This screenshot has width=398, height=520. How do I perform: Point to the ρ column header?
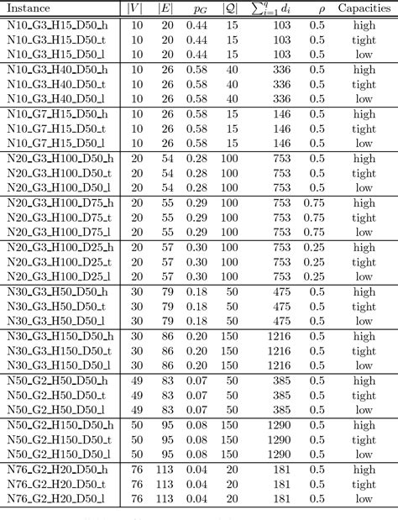tap(319, 8)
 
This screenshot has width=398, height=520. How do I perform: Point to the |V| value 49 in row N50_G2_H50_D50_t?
tap(136, 396)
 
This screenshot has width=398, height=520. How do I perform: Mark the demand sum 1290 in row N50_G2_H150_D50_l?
tap(276, 454)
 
